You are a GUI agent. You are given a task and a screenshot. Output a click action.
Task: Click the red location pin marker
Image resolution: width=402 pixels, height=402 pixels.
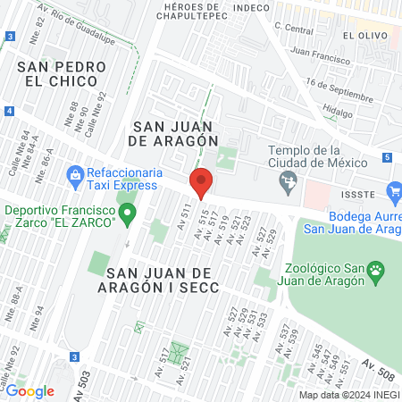(x=201, y=182)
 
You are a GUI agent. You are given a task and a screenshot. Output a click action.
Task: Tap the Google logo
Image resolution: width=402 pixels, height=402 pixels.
(x=30, y=390)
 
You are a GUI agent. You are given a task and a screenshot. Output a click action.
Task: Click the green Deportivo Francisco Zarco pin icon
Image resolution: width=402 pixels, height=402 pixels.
(x=127, y=214)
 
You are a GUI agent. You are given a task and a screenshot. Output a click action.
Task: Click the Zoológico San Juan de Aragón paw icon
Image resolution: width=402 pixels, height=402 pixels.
(x=377, y=268)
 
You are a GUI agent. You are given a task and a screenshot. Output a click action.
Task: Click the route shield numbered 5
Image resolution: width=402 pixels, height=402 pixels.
(x=386, y=157)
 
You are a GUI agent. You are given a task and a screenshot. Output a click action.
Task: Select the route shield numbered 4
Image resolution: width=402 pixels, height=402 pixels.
(x=8, y=110)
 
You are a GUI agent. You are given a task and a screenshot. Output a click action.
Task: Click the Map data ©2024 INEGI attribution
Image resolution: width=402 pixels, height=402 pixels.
(x=348, y=395)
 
